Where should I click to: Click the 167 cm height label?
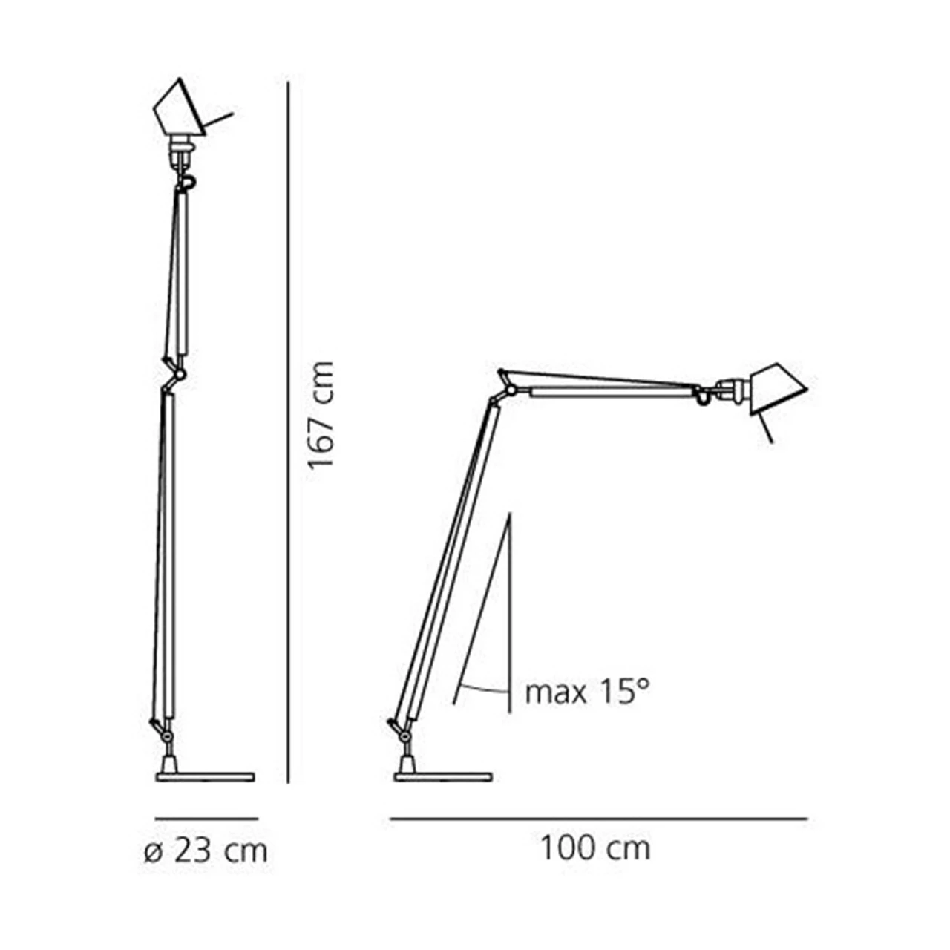click(x=321, y=415)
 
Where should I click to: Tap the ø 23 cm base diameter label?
click(x=206, y=851)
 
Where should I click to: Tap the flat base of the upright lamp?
click(x=205, y=778)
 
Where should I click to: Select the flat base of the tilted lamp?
click(x=442, y=778)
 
